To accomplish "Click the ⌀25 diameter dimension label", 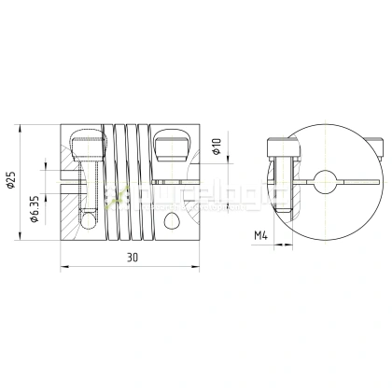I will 11,176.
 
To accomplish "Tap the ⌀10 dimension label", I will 216,147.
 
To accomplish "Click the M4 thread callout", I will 260,236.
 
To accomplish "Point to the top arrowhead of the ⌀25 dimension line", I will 21,125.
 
